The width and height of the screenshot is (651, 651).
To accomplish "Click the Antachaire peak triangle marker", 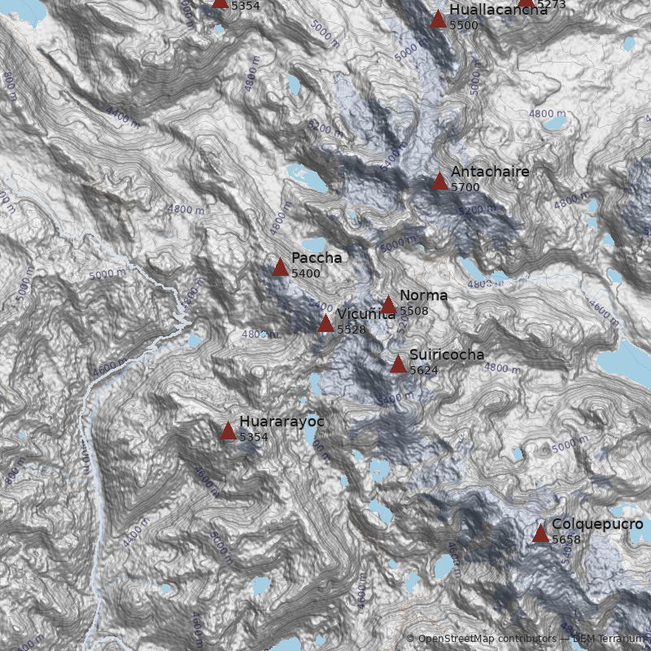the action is pos(439,181).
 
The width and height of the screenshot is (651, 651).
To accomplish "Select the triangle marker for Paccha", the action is pos(281,267).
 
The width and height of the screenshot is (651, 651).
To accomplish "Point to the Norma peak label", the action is pos(423,295).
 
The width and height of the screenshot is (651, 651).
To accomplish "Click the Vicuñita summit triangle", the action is pos(325,324).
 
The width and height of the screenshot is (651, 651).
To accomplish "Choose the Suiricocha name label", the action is pos(447,355).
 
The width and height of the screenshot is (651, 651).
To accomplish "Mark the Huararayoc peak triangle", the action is pos(228,430).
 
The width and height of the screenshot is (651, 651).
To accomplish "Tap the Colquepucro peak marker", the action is pos(540,533).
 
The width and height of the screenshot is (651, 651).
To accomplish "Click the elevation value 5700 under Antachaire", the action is pos(465,187).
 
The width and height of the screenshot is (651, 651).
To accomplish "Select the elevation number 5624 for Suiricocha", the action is pos(424,370).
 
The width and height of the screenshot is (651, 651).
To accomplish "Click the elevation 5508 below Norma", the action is pos(413,311).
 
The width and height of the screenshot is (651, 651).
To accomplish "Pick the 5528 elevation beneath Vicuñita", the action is pos(351,330).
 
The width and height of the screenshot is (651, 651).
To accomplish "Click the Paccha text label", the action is pos(317,257).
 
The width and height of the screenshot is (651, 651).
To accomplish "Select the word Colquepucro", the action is pos(597,524).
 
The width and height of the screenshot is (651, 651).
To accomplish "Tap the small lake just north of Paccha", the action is pos(314,245).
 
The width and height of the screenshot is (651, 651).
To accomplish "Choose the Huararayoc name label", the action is pos(282,422).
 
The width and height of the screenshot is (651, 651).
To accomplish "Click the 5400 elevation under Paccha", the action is pos(306,273).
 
